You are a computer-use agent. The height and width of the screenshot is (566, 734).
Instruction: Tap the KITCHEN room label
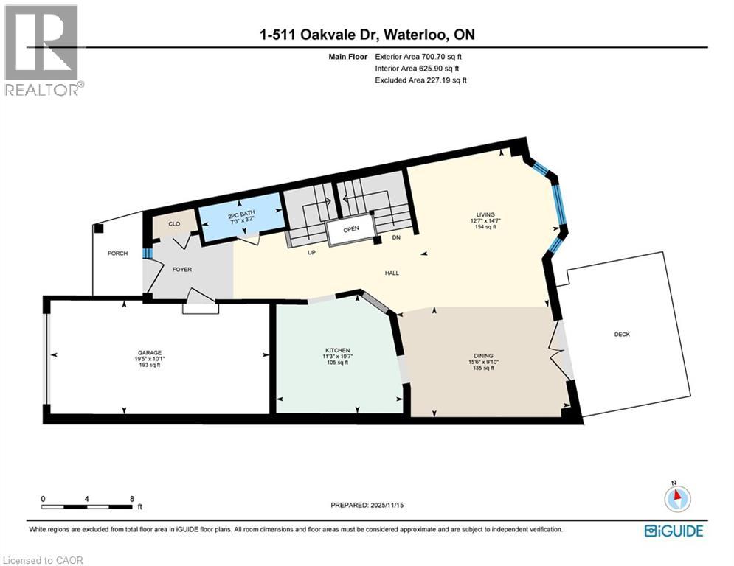point(338,349)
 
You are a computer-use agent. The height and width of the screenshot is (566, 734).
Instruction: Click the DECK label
point(623,334)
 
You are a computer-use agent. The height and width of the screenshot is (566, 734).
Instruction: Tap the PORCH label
point(117,254)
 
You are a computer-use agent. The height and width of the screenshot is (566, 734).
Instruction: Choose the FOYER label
point(181,270)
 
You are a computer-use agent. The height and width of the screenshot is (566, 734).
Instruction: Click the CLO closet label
point(174,223)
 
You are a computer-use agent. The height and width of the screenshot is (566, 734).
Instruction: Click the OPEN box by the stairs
point(350,229)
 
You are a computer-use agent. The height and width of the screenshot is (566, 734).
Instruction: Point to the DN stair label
point(395,237)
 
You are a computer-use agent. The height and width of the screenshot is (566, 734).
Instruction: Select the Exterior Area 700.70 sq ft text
point(418,56)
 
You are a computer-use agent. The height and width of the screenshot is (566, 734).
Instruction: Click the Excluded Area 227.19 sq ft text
point(420,80)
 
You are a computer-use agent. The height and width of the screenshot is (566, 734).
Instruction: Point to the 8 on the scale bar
point(131,498)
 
